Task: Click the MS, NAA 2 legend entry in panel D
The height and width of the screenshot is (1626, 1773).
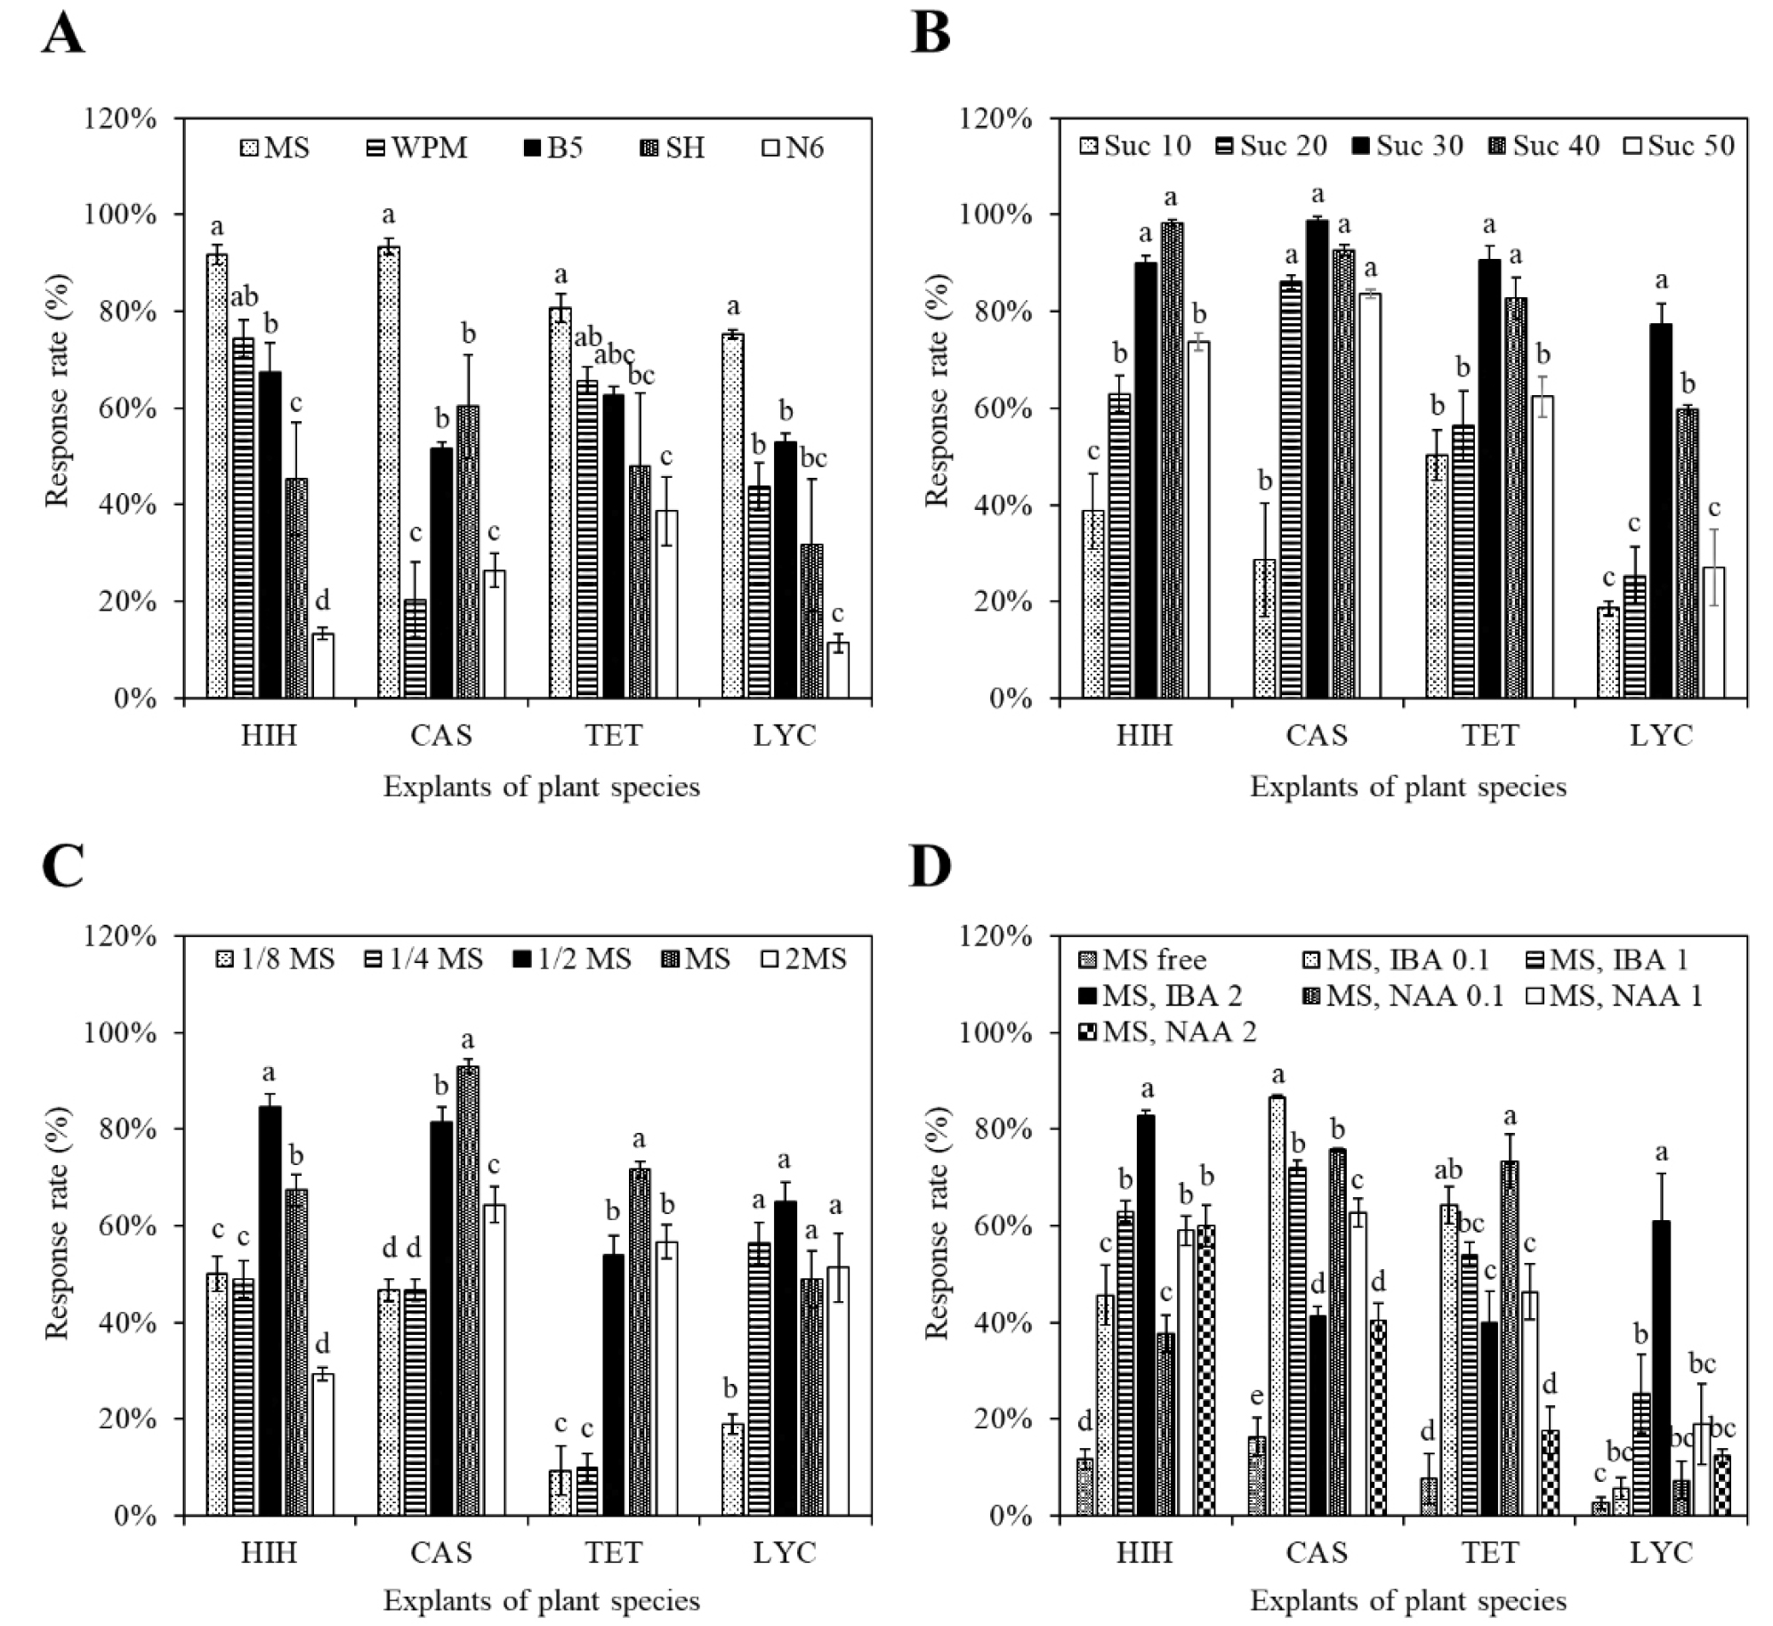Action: pos(1169,1031)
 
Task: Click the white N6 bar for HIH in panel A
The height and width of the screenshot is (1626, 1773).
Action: pos(323,666)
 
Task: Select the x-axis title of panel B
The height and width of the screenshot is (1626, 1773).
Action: pos(1407,787)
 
